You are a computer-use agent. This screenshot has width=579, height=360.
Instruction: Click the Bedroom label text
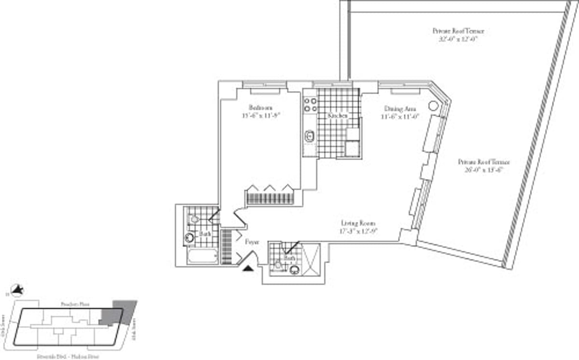(261, 107)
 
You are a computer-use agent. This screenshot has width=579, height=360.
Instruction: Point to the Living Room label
(358, 223)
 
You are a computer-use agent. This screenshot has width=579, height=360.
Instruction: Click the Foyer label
(252, 241)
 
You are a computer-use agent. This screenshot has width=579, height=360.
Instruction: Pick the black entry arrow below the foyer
(248, 269)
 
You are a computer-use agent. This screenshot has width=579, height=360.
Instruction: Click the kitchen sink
(309, 137)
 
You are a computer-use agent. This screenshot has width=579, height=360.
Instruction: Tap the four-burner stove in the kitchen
(310, 105)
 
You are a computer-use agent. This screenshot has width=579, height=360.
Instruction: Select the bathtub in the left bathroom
(202, 255)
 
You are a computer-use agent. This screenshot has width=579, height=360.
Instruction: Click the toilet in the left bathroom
(194, 219)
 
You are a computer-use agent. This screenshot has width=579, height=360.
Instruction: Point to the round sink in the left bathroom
(190, 237)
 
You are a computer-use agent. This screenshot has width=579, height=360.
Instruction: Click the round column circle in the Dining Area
(433, 107)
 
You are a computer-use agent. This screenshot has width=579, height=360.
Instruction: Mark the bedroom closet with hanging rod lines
(270, 198)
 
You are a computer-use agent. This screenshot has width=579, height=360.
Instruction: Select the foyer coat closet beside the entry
(226, 246)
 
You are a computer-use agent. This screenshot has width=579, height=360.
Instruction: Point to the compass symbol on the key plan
(18, 290)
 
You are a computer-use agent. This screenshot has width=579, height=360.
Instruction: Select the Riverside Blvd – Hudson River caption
(68, 357)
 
